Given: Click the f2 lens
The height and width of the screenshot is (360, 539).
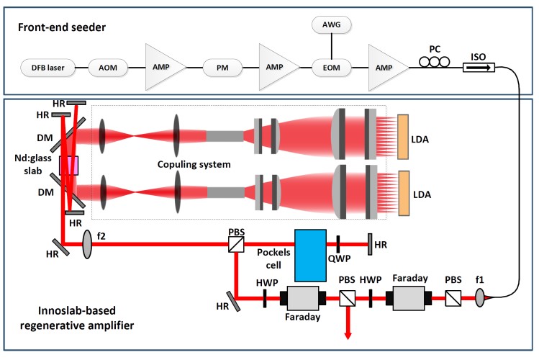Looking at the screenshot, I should click(x=88, y=243).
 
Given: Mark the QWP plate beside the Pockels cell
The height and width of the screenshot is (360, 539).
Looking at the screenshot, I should click(x=338, y=244).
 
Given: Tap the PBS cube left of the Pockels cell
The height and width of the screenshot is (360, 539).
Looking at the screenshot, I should click(x=235, y=245).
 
